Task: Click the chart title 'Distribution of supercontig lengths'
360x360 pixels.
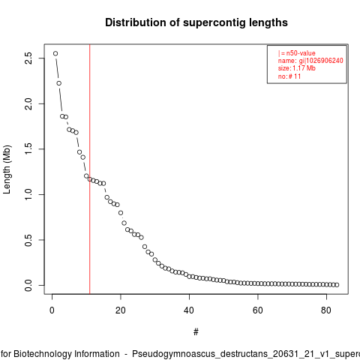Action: (x=196, y=22)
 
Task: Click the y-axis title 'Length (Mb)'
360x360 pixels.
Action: (x=7, y=169)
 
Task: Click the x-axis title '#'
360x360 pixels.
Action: (x=196, y=332)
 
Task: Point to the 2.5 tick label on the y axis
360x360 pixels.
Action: (x=28, y=58)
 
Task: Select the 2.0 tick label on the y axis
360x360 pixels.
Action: (x=28, y=103)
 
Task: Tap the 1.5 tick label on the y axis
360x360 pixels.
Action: (x=28, y=149)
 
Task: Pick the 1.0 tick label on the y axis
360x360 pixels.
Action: (x=28, y=194)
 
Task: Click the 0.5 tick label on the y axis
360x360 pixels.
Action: (x=28, y=240)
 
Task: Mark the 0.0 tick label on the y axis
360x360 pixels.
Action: (x=28, y=285)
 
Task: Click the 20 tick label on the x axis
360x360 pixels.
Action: (x=121, y=310)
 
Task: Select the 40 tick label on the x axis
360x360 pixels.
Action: (x=189, y=310)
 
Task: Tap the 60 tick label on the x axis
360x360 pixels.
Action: (x=258, y=310)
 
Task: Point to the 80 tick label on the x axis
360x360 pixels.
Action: (x=326, y=310)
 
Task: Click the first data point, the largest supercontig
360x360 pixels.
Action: (x=55, y=53)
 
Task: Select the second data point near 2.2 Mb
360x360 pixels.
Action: (x=59, y=83)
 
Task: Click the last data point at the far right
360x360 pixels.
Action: (x=337, y=285)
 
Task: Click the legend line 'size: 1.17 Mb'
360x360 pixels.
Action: (x=297, y=68)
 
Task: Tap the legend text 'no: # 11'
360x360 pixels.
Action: (x=289, y=76)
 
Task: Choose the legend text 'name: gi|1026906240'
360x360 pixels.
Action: (x=310, y=61)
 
